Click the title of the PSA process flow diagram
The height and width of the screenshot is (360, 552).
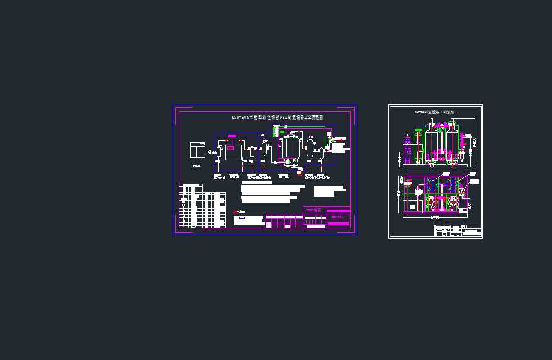click(x=277, y=117)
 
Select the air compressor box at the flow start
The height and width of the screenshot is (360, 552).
click(x=198, y=150)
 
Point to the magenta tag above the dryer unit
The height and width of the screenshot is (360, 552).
click(x=232, y=136)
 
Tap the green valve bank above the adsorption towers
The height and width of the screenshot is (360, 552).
click(x=275, y=131)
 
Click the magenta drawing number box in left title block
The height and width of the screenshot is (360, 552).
click(x=339, y=217)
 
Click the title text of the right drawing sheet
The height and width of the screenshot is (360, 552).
click(x=434, y=111)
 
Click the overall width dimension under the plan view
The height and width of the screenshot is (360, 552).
click(x=436, y=217)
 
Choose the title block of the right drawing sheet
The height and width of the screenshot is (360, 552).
click(x=458, y=230)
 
